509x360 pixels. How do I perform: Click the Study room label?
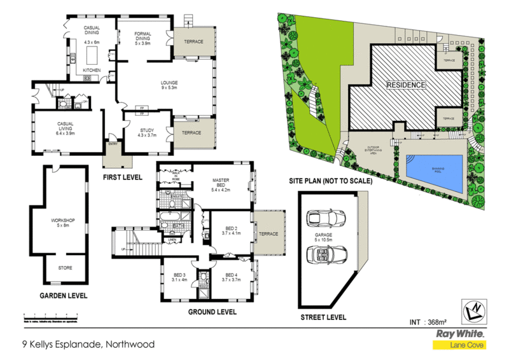[146, 132]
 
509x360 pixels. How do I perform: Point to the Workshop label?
[63, 222]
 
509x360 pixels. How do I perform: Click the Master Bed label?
[220, 184]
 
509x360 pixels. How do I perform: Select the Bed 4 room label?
[231, 277]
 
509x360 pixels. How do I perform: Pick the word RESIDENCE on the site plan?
[407, 85]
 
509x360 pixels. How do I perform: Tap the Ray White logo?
[460, 333]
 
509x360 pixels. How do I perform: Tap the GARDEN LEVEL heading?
[64, 296]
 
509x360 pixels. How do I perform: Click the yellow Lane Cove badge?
[460, 345]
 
